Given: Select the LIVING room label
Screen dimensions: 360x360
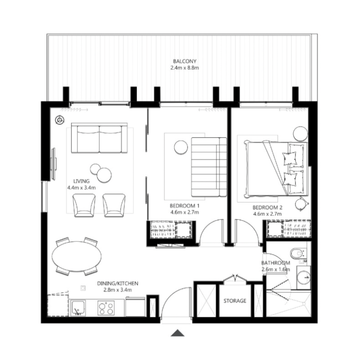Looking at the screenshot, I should click(x=75, y=181).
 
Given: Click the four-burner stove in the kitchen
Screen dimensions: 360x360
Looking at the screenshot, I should click(x=107, y=308).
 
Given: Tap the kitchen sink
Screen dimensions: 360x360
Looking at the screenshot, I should click(x=80, y=307).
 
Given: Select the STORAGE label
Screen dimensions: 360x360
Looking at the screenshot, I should click(x=235, y=301).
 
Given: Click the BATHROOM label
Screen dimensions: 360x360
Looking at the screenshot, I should click(x=275, y=263).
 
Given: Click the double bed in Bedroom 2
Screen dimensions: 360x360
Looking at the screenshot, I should click(x=270, y=169).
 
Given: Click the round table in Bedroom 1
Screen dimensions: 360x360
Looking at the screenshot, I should click(x=181, y=148).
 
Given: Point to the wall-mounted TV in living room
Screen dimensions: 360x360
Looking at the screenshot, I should click(x=54, y=162).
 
